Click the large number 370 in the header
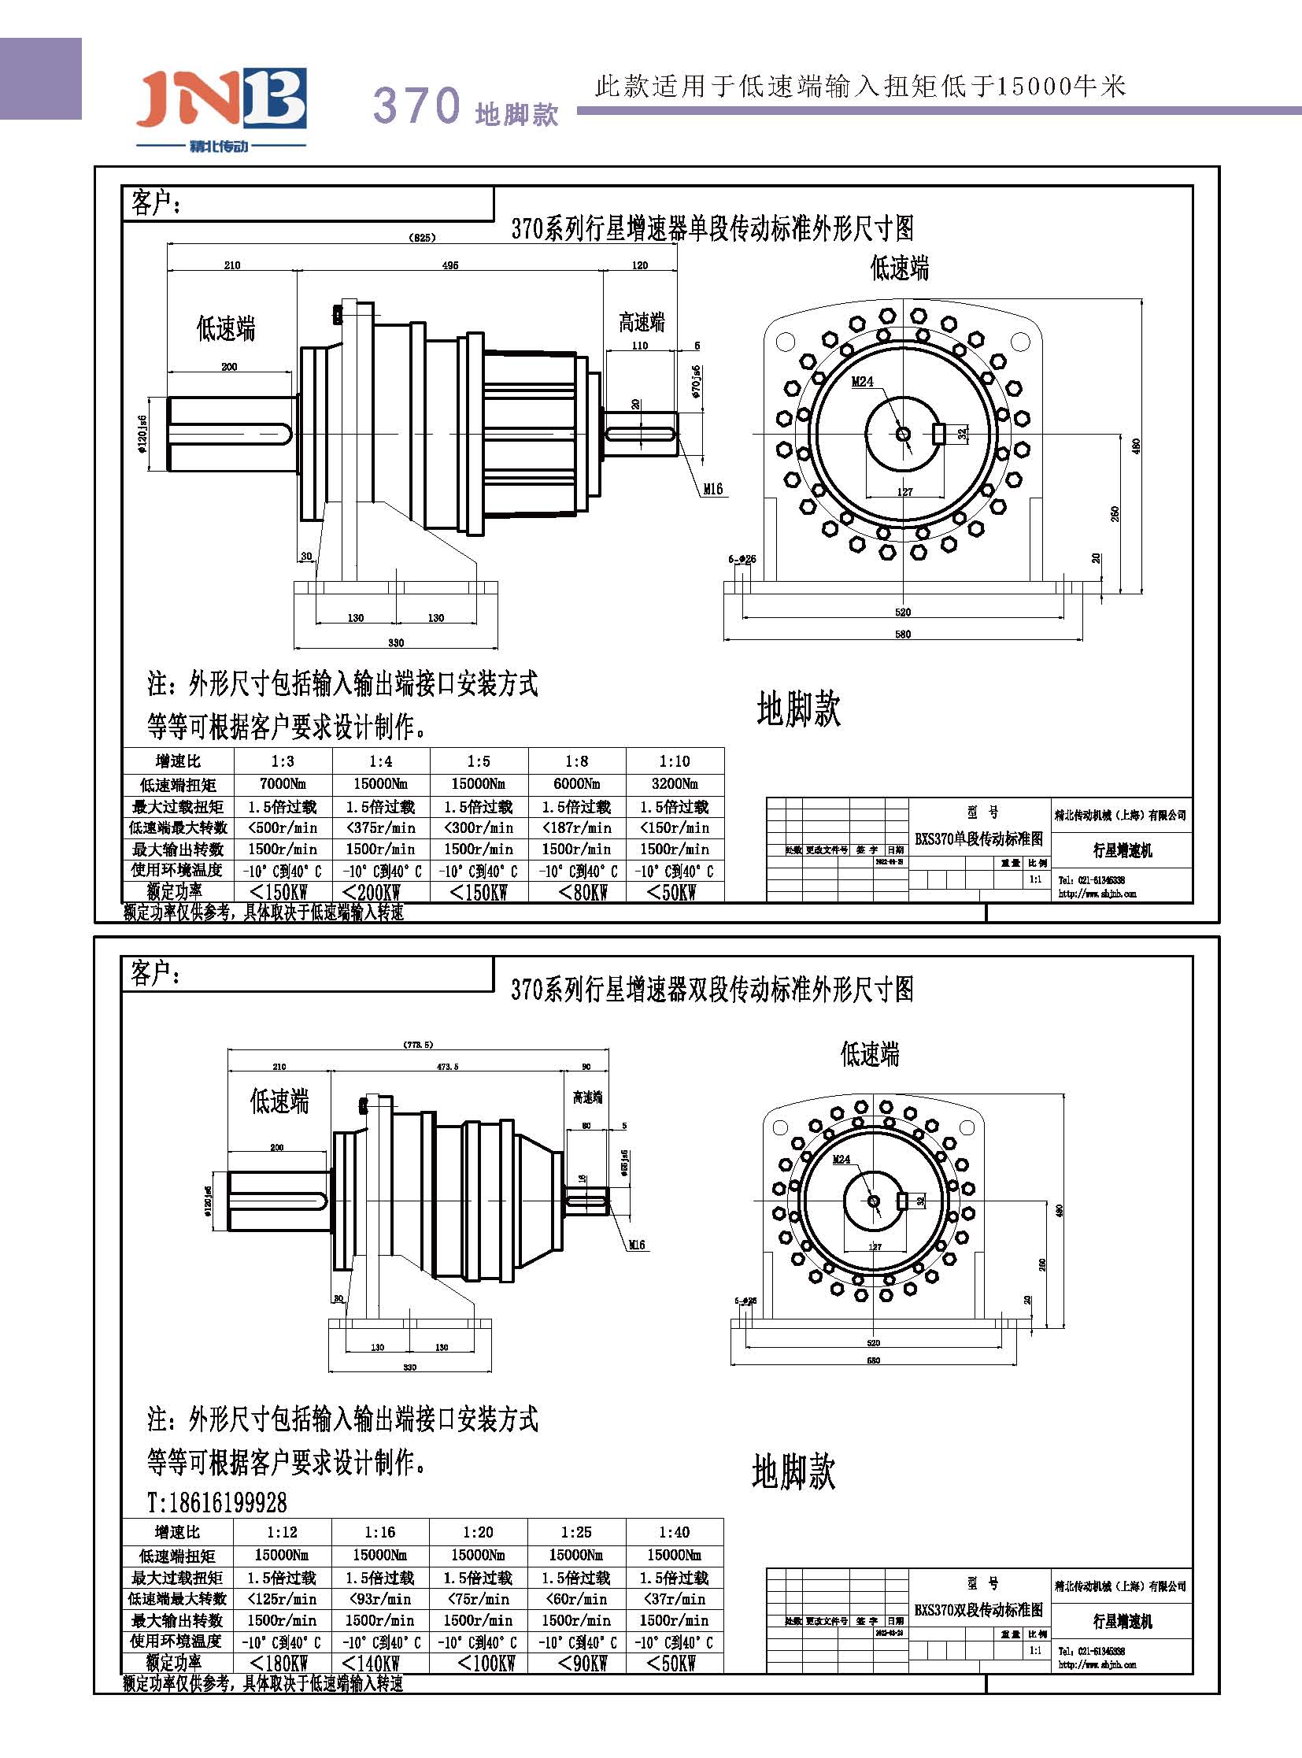pyautogui.click(x=416, y=105)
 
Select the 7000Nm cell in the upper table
pyautogui.click(x=282, y=784)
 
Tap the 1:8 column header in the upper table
pyautogui.click(x=576, y=761)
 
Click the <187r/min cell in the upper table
pyautogui.click(x=576, y=827)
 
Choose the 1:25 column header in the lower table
pyautogui.click(x=576, y=1532)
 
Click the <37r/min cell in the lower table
pyautogui.click(x=674, y=1599)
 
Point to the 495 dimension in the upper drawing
pyautogui.click(x=450, y=265)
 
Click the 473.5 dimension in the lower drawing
pyautogui.click(x=447, y=1067)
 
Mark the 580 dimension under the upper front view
pyautogui.click(x=902, y=634)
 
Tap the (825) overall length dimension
pyautogui.click(x=423, y=237)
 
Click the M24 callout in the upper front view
pyautogui.click(x=862, y=382)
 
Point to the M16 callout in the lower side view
pyautogui.click(x=637, y=1245)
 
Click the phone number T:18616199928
pyautogui.click(x=217, y=1503)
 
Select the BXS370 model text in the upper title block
pyautogui.click(x=978, y=838)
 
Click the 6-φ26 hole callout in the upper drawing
pyautogui.click(x=742, y=560)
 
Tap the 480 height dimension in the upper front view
pyautogui.click(x=1136, y=446)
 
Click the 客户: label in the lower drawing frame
pyautogui.click(x=155, y=974)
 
